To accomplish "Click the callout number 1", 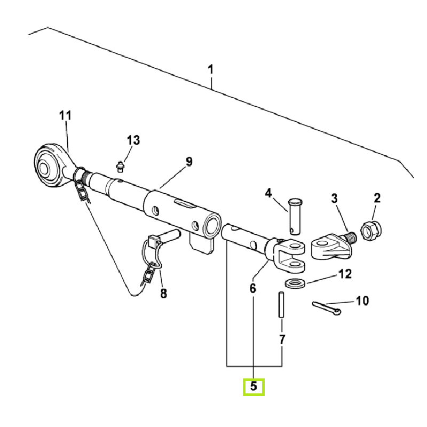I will [211, 69].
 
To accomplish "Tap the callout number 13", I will [133, 140].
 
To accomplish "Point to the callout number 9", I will [188, 161].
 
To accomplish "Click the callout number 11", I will [65, 115].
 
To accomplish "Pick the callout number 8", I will [163, 293].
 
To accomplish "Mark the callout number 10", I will [362, 301].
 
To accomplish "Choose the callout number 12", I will [345, 274].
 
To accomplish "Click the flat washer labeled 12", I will [295, 282].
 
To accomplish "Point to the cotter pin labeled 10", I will [325, 307].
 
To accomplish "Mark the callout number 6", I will [252, 288].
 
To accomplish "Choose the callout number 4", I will [268, 193].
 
